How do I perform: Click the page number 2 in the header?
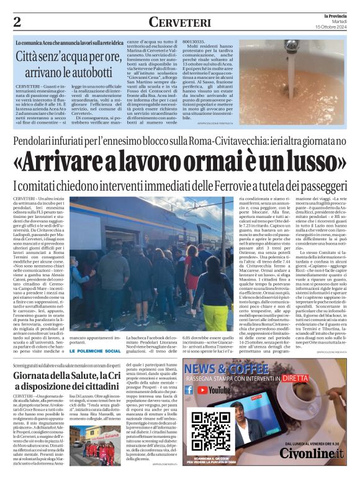[17, 22]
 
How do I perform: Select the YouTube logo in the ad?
[213, 408]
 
